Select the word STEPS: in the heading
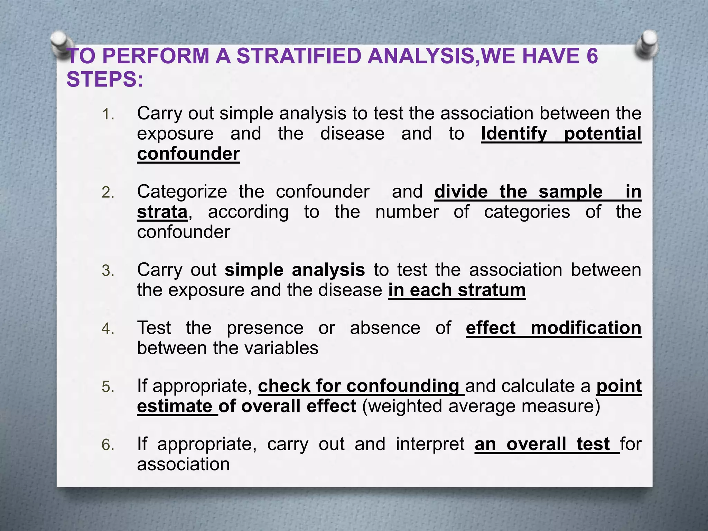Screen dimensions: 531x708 tap(105, 79)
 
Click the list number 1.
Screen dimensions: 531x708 tap(108, 114)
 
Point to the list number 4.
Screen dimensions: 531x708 tap(108, 329)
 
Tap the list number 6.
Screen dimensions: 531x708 tap(108, 445)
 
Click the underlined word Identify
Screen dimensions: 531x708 tap(514, 134)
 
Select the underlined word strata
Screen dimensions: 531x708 tap(162, 212)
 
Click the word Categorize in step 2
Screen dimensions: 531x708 tap(182, 192)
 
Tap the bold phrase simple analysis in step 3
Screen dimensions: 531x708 tap(295, 270)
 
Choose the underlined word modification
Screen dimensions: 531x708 tap(586, 328)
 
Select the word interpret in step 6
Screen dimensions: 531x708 tap(430, 444)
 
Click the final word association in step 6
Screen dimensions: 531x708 tap(183, 464)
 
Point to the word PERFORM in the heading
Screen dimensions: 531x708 tap(156, 56)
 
